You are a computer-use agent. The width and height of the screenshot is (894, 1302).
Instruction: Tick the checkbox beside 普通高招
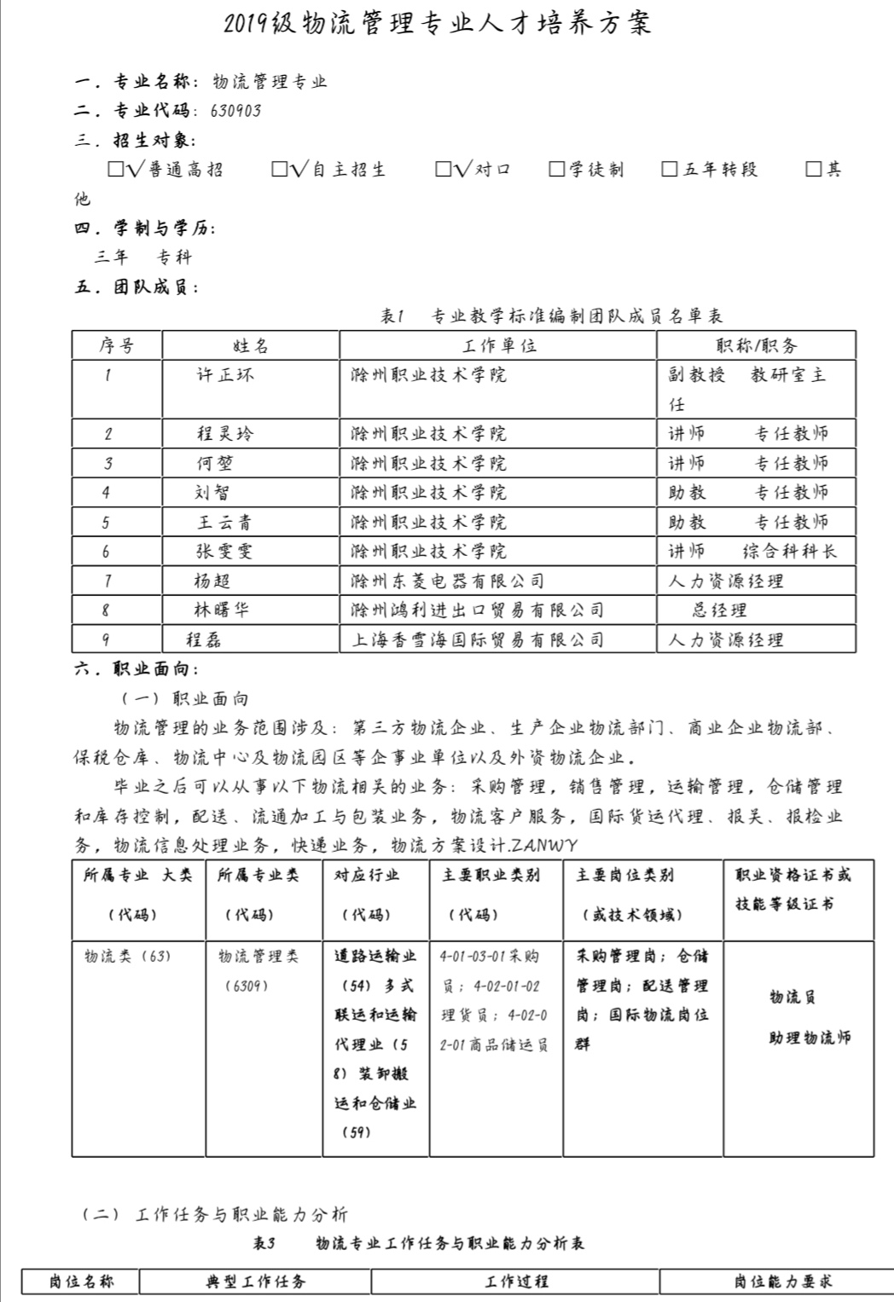116,169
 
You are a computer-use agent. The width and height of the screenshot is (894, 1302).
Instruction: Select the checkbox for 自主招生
280,169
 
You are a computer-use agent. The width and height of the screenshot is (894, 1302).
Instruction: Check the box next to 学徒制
557,169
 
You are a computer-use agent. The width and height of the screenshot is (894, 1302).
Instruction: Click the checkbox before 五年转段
670,169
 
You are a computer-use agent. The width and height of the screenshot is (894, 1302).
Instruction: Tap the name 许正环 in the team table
225,375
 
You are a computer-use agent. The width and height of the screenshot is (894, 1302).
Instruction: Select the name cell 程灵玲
225,434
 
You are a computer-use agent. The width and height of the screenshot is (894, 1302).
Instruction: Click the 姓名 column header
251,345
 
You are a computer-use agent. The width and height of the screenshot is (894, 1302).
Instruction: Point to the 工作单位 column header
499,345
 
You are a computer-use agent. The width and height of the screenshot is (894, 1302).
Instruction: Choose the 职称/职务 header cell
756,345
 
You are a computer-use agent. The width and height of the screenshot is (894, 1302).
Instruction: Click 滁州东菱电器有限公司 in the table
448,582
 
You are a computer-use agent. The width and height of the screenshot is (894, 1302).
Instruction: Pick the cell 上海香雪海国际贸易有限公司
478,640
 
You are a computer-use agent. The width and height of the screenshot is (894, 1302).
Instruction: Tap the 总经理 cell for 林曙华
719,610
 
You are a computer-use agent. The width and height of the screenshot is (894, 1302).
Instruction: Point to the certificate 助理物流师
810,1038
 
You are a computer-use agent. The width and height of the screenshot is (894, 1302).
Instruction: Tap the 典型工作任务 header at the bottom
256,1282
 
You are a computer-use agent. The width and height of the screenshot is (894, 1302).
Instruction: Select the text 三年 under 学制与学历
111,258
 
